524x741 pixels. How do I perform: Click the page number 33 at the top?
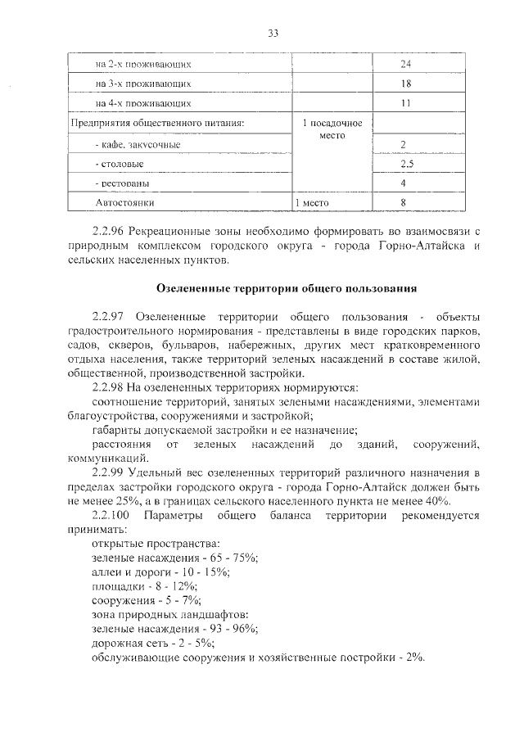(273, 33)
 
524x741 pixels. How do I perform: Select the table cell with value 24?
(404, 63)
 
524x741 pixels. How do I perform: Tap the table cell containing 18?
(404, 84)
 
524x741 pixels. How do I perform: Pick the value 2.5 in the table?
(404, 165)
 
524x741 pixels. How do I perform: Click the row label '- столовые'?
(114, 165)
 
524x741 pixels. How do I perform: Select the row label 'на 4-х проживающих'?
(143, 104)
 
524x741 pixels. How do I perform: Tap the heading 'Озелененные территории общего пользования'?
(287, 288)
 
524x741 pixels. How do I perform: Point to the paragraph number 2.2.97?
(107, 316)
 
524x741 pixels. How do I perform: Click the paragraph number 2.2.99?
(107, 474)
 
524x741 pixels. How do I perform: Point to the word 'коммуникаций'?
(108, 459)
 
